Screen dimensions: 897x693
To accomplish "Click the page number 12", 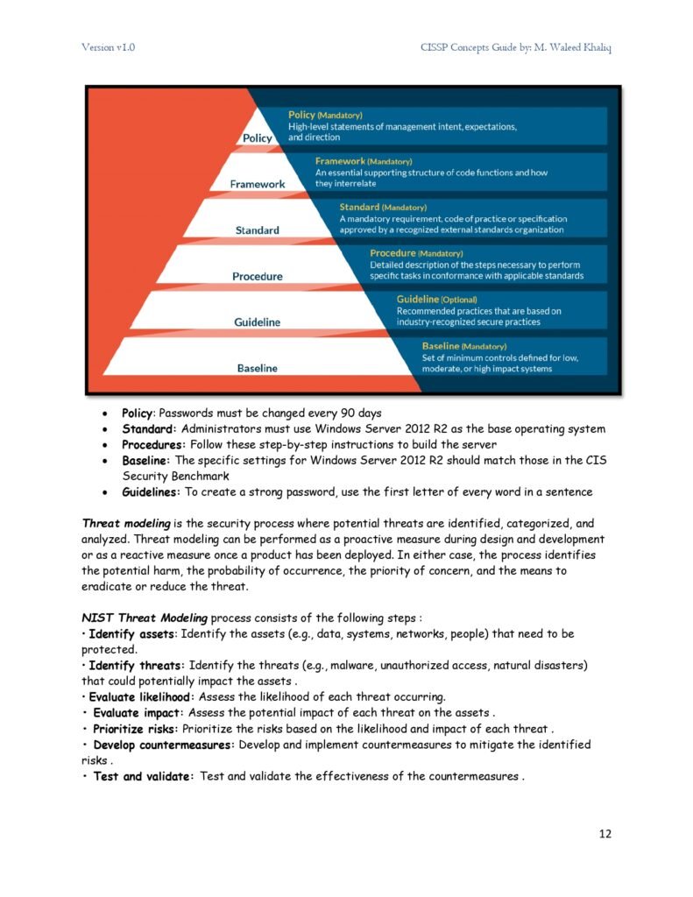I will pyautogui.click(x=605, y=833).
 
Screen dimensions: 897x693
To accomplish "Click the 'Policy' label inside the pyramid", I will pyautogui.click(x=258, y=138).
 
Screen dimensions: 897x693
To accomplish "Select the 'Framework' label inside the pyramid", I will pyautogui.click(x=258, y=184).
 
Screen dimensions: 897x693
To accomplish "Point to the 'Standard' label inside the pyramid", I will pyautogui.click(x=258, y=230).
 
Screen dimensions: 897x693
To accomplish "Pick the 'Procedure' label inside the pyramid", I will pyautogui.click(x=258, y=277).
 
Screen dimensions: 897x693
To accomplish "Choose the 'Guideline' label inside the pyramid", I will pyautogui.click(x=258, y=322).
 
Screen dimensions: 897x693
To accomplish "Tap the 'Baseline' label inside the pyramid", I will pyautogui.click(x=258, y=368).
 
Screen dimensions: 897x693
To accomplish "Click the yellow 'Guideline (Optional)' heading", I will pyautogui.click(x=436, y=300).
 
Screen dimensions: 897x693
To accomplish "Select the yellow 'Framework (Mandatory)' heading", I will pyautogui.click(x=363, y=161).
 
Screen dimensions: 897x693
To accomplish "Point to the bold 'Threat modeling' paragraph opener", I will pyautogui.click(x=129, y=523).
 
